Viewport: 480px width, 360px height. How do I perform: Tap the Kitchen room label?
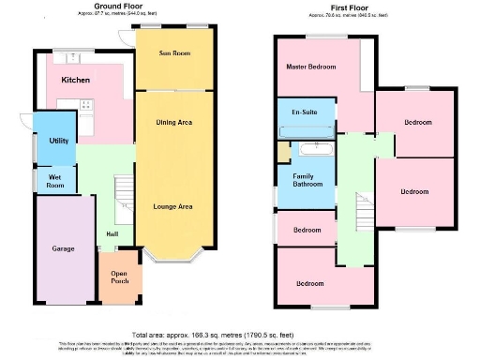point(75,81)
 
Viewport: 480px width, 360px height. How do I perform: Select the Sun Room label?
point(174,54)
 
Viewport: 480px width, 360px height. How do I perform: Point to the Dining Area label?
point(174,123)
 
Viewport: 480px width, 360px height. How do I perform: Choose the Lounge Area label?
point(173,205)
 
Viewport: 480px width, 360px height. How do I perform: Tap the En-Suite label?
point(302,112)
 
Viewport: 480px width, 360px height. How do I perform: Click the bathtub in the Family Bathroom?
point(311,148)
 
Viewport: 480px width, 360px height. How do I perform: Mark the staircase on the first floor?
point(362,211)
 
